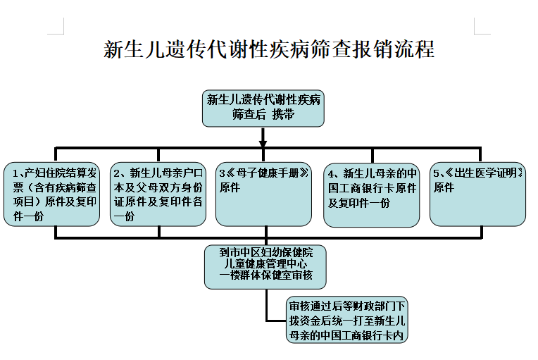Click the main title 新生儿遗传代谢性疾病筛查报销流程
tap(269, 49)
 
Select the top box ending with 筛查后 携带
tap(263, 108)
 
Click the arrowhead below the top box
tap(263, 143)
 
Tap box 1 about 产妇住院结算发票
tap(52, 194)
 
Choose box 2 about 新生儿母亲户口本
tap(158, 194)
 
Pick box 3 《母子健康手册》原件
tap(263, 194)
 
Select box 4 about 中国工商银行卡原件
tap(372, 195)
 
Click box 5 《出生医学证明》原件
tap(477, 194)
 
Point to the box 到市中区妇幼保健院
tap(265, 267)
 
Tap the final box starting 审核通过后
tap(347, 320)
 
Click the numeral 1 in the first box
tap(15, 173)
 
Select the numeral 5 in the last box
tap(436, 173)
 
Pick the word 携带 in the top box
tap(283, 115)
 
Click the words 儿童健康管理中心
tap(265, 263)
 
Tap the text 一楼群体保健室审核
tap(266, 275)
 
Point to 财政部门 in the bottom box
tap(374, 306)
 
